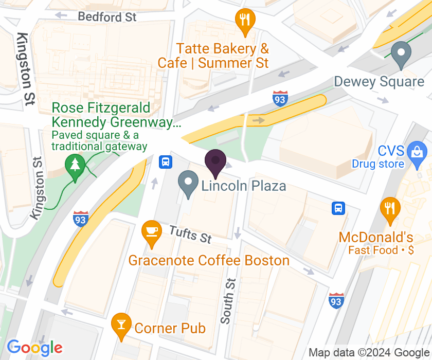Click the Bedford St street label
[x=107, y=16]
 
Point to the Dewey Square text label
[x=379, y=81]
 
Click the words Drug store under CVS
[x=378, y=164]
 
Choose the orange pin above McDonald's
[x=390, y=209]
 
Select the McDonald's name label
[x=376, y=238]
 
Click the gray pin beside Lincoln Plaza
[x=188, y=184]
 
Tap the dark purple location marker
[x=215, y=162]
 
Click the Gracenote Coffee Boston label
[x=209, y=260]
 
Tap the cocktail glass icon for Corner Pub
[x=121, y=325]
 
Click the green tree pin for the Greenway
[x=76, y=167]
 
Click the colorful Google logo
[x=34, y=348]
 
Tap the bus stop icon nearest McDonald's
[x=338, y=208]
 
